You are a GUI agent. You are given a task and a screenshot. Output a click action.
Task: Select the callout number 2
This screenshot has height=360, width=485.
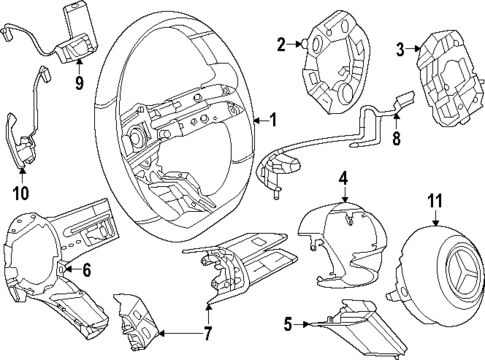(x=282, y=43)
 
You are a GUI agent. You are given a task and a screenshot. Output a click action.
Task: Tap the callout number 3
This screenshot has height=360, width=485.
(x=401, y=48)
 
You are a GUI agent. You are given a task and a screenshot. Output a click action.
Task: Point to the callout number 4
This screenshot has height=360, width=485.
(x=342, y=179)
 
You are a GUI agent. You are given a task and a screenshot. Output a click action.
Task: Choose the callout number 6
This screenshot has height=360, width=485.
(x=86, y=270)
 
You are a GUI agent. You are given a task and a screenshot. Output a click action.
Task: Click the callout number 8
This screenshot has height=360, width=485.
(x=395, y=141)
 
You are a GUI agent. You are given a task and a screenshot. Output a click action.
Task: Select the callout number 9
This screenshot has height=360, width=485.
(x=79, y=84)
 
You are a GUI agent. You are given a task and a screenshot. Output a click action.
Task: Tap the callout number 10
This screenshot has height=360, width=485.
(x=21, y=192)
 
